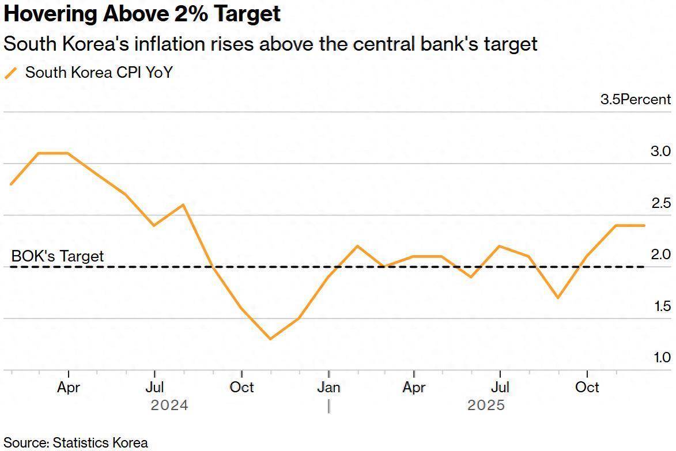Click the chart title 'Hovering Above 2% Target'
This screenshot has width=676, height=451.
142,14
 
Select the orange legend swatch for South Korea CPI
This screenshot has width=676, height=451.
11,73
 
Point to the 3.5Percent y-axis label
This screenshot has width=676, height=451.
635,99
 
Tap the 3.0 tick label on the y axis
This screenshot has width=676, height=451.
660,151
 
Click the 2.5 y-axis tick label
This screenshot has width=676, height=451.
660,203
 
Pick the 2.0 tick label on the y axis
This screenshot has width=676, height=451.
660,254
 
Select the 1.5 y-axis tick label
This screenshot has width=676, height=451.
662,306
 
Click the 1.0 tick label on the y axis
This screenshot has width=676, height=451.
662,357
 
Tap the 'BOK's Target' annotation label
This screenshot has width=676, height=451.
58,256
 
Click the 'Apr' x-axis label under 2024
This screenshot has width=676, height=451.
69,387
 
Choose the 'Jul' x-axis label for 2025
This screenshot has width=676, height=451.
500,387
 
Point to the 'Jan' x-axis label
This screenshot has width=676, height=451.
328,387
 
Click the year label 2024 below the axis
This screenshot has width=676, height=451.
169,405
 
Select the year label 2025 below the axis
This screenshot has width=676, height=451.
486,405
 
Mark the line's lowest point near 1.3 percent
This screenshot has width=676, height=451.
270,339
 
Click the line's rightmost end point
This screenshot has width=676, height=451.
644,225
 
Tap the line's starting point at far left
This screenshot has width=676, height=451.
11,184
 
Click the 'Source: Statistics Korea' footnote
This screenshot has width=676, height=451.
76,442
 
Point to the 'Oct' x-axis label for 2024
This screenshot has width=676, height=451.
241,387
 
